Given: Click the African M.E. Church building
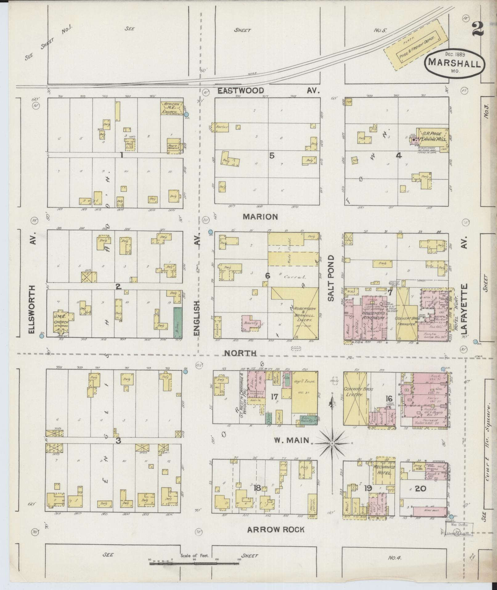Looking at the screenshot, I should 172,108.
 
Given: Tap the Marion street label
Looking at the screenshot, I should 260,217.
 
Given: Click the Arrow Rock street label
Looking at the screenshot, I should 276,530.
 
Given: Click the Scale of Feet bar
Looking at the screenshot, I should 194,563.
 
